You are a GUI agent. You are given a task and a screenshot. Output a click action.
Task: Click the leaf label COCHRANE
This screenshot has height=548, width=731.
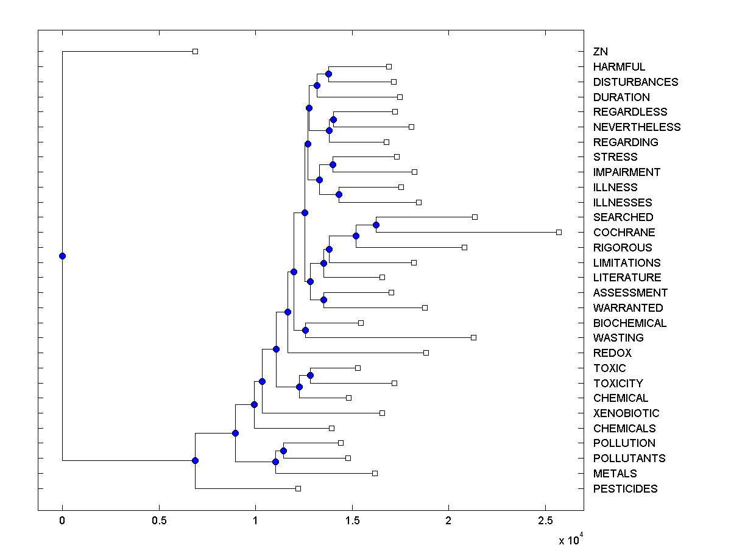624,233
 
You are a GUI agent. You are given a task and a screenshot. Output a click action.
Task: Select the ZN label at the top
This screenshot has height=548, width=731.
600,52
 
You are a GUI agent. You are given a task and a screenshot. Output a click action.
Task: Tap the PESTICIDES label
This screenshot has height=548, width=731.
625,489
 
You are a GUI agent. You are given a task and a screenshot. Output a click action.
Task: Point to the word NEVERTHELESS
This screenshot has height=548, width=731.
637,127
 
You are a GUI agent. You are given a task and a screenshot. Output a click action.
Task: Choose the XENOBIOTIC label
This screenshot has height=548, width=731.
626,413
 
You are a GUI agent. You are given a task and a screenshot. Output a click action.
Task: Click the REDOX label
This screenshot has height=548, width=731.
612,353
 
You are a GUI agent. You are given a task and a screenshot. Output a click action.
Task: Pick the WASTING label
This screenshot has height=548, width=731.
618,338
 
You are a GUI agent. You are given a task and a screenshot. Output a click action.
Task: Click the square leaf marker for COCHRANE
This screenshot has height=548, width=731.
559,232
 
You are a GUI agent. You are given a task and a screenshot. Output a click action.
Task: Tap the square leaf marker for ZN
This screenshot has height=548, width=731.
195,51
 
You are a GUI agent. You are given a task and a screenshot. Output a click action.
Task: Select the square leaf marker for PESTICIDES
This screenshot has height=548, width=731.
298,488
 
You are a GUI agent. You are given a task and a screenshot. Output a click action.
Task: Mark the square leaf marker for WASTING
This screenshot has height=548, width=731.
473,337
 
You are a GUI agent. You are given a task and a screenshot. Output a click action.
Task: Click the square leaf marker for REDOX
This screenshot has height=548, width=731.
426,353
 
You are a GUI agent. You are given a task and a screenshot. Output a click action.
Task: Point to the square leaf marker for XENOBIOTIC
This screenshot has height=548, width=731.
382,413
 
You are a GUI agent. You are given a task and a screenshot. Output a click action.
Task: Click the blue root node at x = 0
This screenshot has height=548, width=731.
62,256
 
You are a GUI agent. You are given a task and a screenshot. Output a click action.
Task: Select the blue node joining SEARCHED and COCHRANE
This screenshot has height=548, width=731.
376,225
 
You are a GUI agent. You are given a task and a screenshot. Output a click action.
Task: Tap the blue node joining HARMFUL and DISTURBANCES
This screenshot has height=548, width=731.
328,74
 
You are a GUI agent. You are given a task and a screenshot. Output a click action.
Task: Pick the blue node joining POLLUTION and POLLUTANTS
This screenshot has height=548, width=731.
283,451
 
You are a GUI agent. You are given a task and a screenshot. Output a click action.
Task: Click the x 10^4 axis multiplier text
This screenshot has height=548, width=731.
570,539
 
